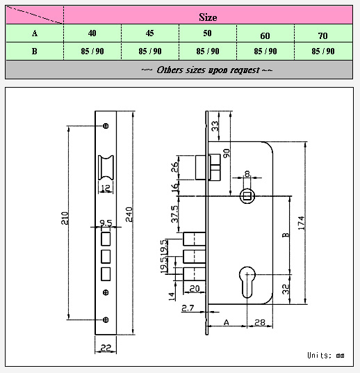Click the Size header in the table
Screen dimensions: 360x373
(x=208, y=17)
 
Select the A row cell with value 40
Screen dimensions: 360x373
(x=92, y=33)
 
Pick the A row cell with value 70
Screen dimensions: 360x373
(x=322, y=35)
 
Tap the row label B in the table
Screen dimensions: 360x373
(x=35, y=51)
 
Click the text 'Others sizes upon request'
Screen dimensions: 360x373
(x=208, y=70)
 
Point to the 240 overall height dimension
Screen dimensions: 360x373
(x=129, y=214)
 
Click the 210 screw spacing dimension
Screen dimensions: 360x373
(x=65, y=218)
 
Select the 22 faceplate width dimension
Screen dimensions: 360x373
(x=106, y=348)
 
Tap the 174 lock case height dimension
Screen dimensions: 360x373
(x=302, y=223)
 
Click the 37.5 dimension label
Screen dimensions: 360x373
(x=174, y=214)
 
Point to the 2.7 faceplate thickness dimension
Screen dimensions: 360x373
(x=188, y=308)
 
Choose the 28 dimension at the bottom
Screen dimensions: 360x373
(x=260, y=322)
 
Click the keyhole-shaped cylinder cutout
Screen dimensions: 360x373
(x=247, y=282)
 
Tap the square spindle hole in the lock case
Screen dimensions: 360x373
(x=247, y=196)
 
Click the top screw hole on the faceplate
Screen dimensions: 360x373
(x=106, y=126)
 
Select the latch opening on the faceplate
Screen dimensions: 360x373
(x=106, y=168)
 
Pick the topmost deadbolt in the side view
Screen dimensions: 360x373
(x=194, y=239)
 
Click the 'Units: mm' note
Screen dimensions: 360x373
(x=325, y=356)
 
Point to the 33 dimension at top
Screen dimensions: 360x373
(x=215, y=126)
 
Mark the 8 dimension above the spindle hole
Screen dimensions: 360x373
(x=247, y=174)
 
